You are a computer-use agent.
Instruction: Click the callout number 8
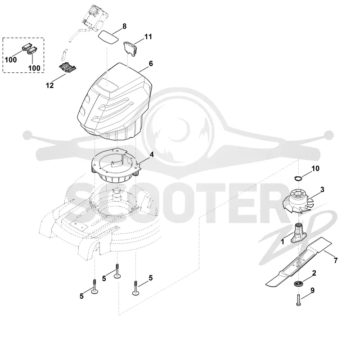pos(125,27)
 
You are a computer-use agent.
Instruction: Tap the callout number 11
pos(148,37)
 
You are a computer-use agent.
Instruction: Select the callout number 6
pos(151,63)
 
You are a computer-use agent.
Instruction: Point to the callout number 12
pos(50,85)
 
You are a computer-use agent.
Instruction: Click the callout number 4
pos(152,155)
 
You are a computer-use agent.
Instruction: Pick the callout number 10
pos(315,168)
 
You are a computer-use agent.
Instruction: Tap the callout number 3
pos(322,189)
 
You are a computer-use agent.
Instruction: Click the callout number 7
pos(336,261)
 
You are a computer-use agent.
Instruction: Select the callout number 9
pos(312,290)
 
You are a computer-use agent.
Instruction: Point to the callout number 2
pos(314,273)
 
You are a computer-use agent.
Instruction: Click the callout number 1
pos(283,242)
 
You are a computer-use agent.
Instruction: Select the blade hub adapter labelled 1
pos(298,234)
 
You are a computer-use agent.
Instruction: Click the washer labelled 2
pos(298,284)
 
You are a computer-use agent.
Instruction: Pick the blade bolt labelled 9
pos(298,300)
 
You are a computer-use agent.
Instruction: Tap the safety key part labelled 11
pos(130,48)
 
